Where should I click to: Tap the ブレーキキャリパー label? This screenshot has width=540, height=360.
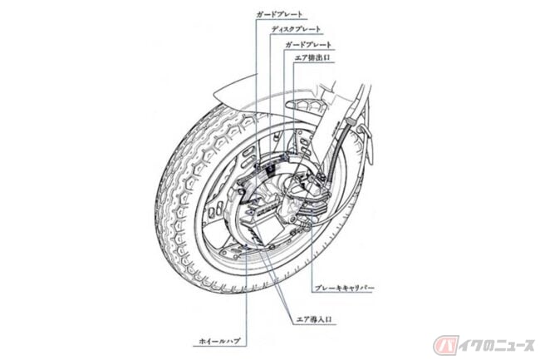click(x=344, y=288)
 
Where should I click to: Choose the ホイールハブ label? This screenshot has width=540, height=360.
click(x=219, y=341)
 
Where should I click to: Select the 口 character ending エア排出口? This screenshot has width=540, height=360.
click(x=329, y=57)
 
